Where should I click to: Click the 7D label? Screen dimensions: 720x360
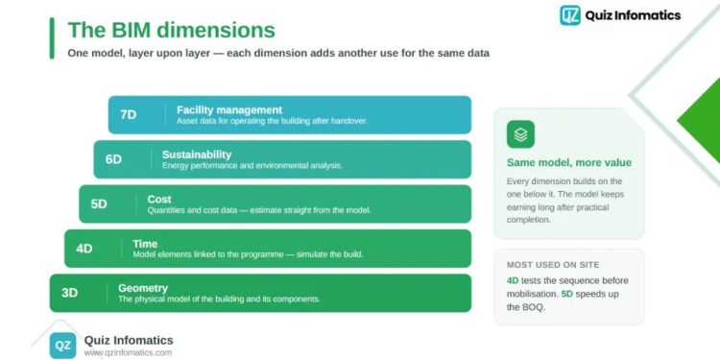tap(128, 115)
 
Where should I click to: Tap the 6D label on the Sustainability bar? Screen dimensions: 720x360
tap(113, 159)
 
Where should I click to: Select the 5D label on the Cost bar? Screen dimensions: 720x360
tap(99, 204)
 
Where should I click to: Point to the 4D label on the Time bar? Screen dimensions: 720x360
tap(84, 249)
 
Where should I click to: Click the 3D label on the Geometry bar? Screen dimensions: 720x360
tap(69, 293)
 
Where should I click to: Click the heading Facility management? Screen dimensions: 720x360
tap(229, 110)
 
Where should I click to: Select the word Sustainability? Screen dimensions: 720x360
tap(197, 155)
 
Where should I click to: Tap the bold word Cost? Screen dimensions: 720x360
tap(158, 200)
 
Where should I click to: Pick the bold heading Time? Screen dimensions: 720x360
tap(145, 244)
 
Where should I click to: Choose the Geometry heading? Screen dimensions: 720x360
tap(143, 288)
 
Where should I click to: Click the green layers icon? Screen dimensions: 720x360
tap(520, 134)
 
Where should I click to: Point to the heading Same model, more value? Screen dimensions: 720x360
tap(569, 162)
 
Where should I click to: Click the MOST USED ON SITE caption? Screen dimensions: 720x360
tap(553, 265)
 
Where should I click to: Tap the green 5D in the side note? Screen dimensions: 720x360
tap(567, 294)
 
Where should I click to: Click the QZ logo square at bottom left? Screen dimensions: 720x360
tap(62, 346)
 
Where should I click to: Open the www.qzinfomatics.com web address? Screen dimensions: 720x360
tap(128, 352)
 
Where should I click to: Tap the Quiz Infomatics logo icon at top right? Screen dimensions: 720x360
tap(570, 15)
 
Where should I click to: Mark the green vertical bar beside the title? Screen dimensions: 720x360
tap(52, 38)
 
